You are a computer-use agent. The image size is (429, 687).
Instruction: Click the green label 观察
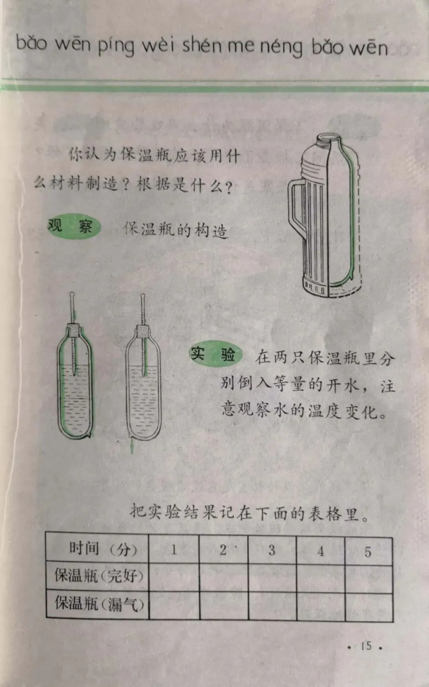coord(74,227)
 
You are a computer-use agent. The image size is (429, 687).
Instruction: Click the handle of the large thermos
coord(296,206)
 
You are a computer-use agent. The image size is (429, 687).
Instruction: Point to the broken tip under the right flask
coord(132,446)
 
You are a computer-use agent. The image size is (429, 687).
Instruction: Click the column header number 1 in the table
coord(174,550)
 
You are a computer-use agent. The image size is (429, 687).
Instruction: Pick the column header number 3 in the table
coord(272,550)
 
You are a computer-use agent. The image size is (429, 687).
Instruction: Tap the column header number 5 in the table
coord(368,552)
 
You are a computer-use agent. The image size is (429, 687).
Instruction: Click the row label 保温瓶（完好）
coord(99,575)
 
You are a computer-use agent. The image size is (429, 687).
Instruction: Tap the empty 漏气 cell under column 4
coord(321,606)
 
